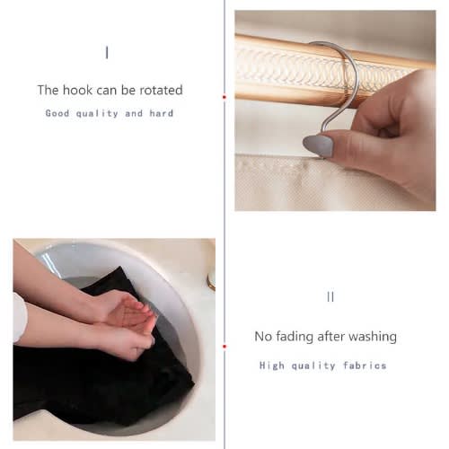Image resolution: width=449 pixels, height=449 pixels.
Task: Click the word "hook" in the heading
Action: point(77,90)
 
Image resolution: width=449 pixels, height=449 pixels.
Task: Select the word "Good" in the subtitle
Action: point(57,113)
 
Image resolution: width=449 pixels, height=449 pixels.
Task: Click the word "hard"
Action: point(162,113)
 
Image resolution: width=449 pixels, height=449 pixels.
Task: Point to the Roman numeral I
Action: point(107,53)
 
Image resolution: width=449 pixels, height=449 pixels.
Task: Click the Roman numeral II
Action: point(330,297)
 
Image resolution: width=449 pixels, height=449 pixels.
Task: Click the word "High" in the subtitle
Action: point(271,365)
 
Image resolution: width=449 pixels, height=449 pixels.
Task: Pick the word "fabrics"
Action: point(365,365)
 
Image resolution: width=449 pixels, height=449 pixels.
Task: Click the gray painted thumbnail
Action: point(318,145)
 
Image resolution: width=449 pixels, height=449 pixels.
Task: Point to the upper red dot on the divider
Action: point(224,97)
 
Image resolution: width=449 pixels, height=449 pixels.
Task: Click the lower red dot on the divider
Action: point(224,347)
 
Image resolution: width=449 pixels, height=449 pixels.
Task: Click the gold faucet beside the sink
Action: point(211,279)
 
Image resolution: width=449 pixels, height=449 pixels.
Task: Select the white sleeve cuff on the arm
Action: point(19,318)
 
